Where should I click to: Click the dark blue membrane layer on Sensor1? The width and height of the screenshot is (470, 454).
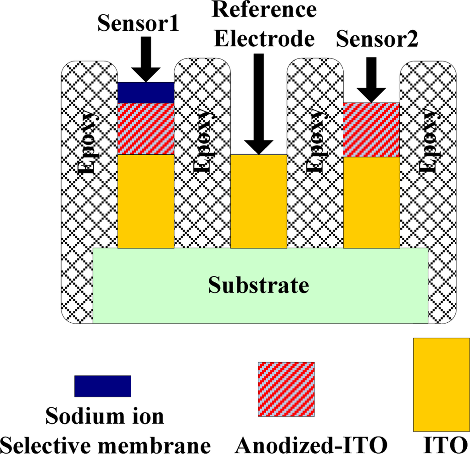[146, 92]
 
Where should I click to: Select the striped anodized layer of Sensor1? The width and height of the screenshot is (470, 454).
[146, 129]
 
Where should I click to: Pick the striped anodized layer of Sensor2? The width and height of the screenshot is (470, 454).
[371, 130]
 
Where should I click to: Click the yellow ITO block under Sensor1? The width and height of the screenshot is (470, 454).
[146, 201]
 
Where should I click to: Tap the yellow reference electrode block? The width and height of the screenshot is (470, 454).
[258, 201]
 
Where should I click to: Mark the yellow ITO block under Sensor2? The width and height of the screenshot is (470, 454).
[371, 202]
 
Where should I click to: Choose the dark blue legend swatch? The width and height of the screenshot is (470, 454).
[103, 386]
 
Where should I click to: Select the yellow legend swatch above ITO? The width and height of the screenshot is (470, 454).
[441, 385]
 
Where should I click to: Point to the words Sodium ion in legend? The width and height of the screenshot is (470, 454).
[105, 416]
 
